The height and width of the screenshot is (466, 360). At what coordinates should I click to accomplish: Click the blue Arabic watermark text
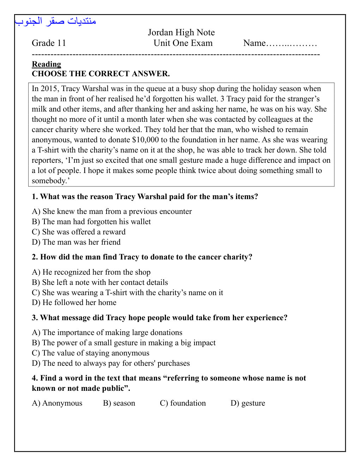click(x=55, y=21)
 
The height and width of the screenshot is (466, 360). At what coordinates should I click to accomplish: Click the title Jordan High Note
click(x=181, y=32)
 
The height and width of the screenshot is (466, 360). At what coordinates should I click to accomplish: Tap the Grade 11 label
click(x=49, y=43)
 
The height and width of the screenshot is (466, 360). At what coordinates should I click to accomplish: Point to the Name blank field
click(x=292, y=43)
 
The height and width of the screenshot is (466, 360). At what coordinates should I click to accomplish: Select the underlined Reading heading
click(x=46, y=64)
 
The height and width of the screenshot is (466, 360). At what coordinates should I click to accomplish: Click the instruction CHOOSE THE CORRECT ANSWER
click(x=101, y=74)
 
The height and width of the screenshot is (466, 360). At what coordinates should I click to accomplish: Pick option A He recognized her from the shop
click(x=91, y=272)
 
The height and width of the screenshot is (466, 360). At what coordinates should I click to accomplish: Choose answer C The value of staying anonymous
click(x=90, y=353)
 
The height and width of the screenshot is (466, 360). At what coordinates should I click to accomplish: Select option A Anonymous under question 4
click(x=57, y=403)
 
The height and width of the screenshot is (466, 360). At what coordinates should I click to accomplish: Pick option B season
click(x=119, y=403)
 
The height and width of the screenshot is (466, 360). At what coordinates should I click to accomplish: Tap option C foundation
click(x=182, y=403)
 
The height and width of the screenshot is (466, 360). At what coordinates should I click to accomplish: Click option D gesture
click(x=248, y=403)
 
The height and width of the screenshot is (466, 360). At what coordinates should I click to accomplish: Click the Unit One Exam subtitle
click(x=183, y=43)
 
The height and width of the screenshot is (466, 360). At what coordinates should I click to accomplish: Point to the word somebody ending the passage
click(x=49, y=181)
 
